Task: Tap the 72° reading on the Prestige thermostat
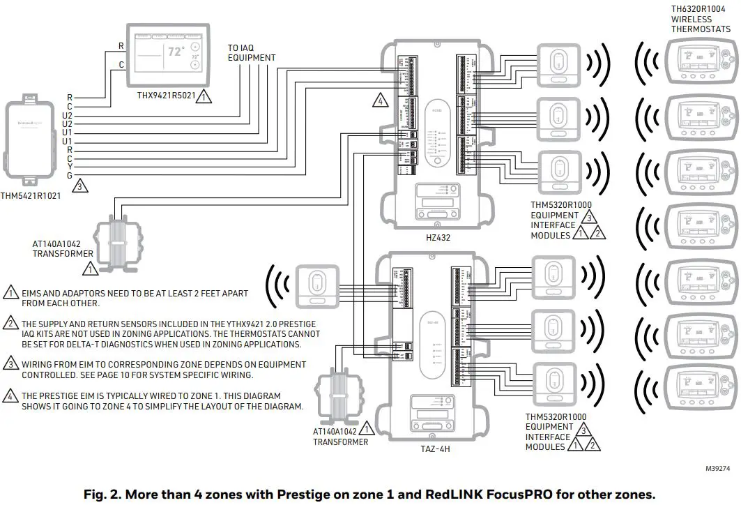point(176,52)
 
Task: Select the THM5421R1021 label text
point(30,197)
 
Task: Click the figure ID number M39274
point(719,469)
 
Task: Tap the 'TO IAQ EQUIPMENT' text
point(251,53)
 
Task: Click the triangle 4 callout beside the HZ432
point(380,100)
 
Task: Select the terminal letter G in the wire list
point(69,175)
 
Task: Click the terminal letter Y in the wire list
point(69,167)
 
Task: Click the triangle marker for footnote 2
point(11,323)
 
